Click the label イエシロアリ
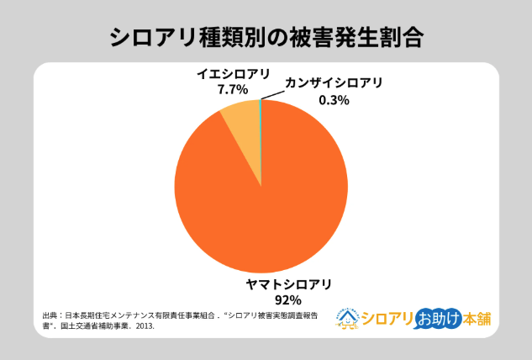(228, 74)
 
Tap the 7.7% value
(231, 88)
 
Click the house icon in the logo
(350, 317)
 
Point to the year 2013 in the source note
(145, 326)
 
